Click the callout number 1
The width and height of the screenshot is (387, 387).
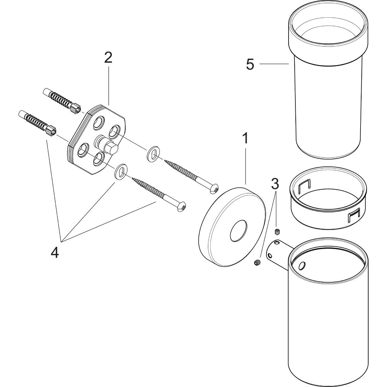pyautogui.click(x=245, y=138)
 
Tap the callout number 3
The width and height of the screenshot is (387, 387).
pyautogui.click(x=275, y=184)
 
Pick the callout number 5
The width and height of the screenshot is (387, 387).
pyautogui.click(x=250, y=64)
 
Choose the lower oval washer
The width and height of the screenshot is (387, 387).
pyautogui.click(x=120, y=171)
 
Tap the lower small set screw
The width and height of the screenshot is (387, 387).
pyautogui.click(x=257, y=263)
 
